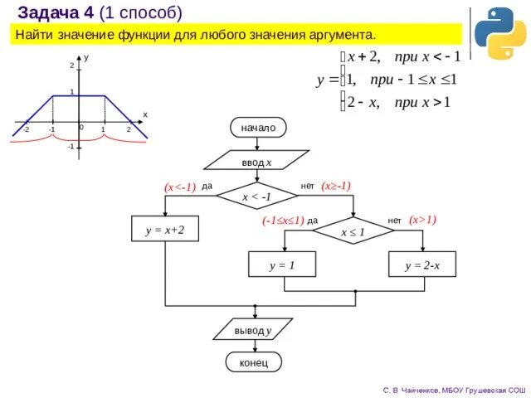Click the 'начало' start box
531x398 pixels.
pyautogui.click(x=258, y=128)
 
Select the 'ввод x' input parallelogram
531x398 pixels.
pyautogui.click(x=257, y=160)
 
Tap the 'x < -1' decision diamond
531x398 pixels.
pyautogui.click(x=256, y=197)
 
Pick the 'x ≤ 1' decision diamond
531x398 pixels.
pyautogui.click(x=353, y=231)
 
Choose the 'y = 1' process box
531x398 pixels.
pyautogui.click(x=282, y=265)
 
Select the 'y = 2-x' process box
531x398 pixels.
pyautogui.click(x=422, y=265)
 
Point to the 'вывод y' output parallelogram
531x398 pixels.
pyautogui.click(x=253, y=330)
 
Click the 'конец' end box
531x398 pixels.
pyautogui.click(x=254, y=362)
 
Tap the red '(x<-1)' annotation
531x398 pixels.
pyautogui.click(x=180, y=187)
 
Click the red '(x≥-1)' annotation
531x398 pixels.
pyautogui.click(x=336, y=186)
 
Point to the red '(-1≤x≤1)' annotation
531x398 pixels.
pyautogui.click(x=283, y=221)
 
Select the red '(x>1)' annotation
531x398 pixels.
pyautogui.click(x=422, y=220)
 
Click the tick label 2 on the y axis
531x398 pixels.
pyautogui.click(x=71, y=65)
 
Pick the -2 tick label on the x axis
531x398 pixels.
pyautogui.click(x=26, y=130)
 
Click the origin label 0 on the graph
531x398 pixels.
pyautogui.click(x=81, y=128)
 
